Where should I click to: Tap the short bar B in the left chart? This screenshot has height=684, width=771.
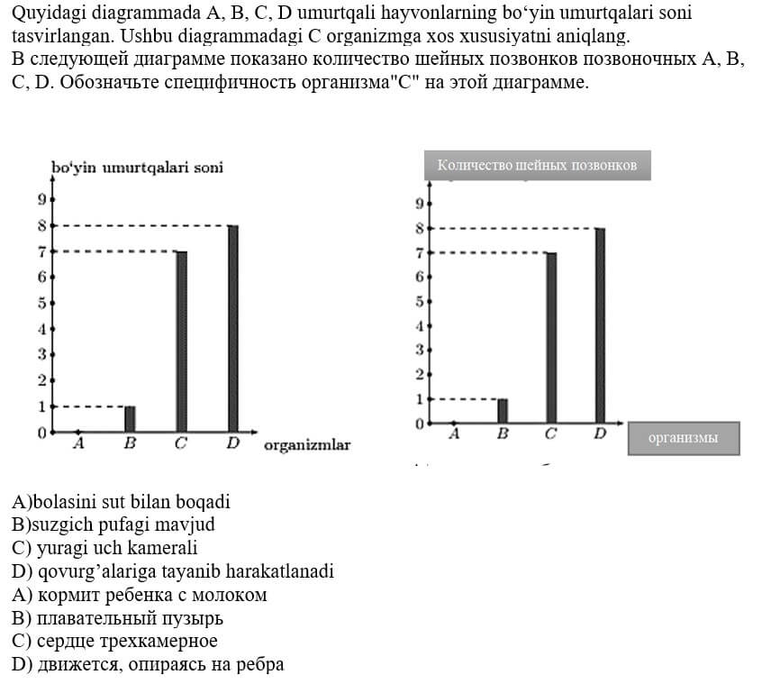tap(130, 419)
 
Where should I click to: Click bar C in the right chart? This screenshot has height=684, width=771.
tap(551, 338)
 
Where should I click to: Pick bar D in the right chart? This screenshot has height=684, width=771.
tap(600, 325)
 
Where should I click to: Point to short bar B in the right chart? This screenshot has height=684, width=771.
tap(503, 410)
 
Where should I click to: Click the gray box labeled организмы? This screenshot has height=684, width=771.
tap(683, 438)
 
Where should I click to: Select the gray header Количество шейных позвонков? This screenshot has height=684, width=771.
tap(537, 165)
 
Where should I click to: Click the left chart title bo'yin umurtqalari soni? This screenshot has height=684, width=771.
tap(137, 168)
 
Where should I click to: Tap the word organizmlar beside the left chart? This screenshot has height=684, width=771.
tap(307, 445)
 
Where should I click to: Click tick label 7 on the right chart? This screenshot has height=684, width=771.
tap(419, 253)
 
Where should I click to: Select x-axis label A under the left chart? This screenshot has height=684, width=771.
tap(78, 443)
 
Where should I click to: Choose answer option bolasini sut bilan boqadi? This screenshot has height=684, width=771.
tap(121, 502)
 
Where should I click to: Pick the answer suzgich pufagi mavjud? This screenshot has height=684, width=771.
tap(113, 524)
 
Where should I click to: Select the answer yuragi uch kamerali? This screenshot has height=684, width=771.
tap(104, 548)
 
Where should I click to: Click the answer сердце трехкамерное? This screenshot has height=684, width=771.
tap(114, 642)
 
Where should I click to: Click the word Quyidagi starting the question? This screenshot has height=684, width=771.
tap(45, 15)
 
